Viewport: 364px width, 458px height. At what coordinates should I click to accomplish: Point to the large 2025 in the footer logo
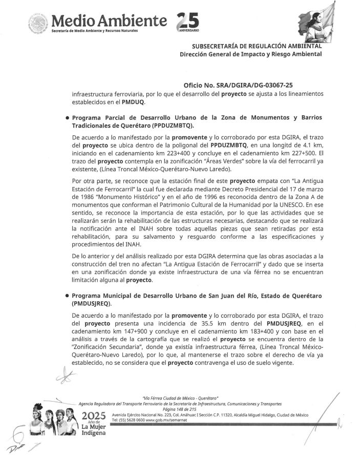click(x=93, y=414)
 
